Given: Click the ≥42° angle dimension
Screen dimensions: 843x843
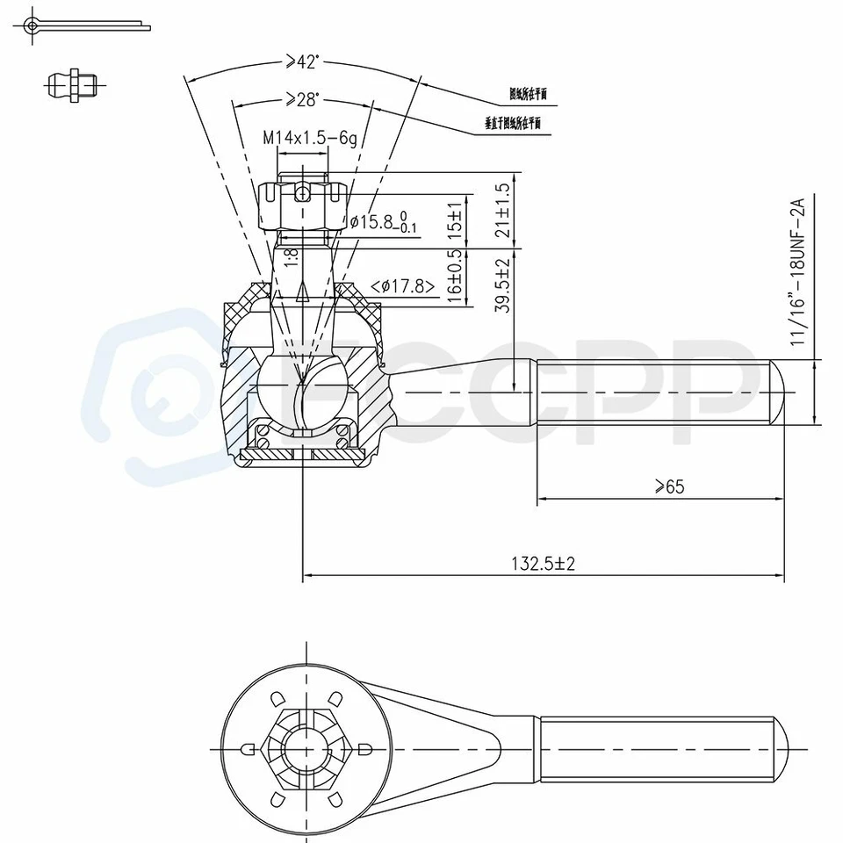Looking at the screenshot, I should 302,62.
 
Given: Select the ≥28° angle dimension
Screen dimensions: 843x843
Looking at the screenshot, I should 302,100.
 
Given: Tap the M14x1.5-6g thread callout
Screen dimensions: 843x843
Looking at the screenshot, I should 310,138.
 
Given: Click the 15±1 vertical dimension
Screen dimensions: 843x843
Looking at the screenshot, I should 453,220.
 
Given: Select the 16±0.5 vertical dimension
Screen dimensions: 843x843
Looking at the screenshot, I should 453,277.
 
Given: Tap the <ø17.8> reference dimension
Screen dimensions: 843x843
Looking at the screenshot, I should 404,285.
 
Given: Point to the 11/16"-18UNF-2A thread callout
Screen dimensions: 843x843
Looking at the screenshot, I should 797,272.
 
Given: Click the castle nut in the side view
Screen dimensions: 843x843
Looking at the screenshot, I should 302,205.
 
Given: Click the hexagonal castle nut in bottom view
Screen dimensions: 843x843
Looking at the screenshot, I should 304,749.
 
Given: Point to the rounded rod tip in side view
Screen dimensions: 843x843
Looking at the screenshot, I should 778,393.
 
